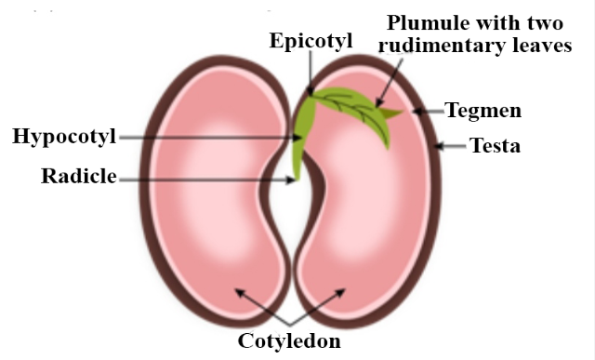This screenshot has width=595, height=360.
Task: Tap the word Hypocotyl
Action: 63,137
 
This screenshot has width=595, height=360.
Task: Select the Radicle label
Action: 78,177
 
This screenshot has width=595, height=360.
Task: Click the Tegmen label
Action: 483,111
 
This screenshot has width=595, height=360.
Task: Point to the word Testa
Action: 495,146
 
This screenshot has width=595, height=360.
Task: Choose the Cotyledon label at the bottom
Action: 289,340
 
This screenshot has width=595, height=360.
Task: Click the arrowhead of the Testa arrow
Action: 438,146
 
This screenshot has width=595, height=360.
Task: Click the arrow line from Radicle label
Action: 205,178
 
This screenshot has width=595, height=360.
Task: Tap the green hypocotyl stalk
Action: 299,149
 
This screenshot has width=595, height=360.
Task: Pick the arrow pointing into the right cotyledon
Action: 329,307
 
